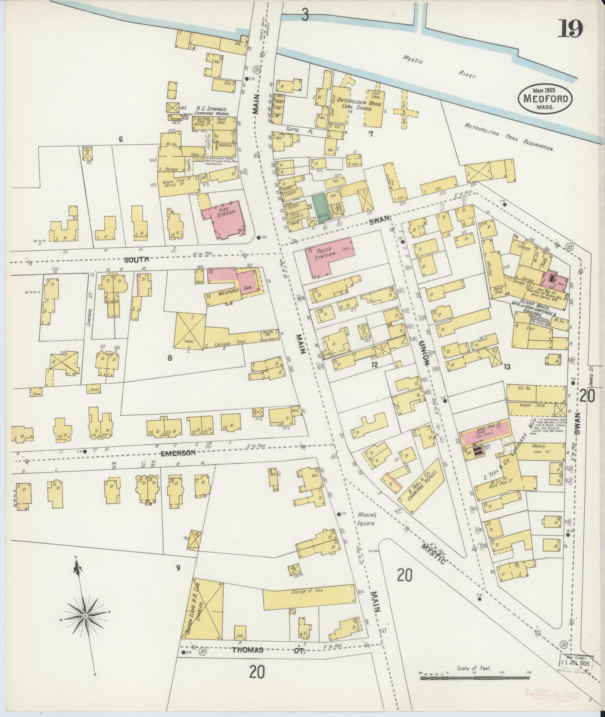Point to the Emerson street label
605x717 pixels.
pos(179,453)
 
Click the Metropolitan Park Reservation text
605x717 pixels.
pos(509,137)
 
